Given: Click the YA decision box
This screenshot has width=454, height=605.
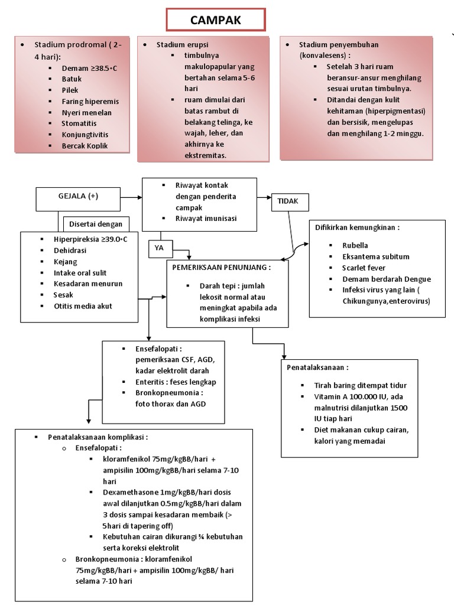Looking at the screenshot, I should click(159, 249).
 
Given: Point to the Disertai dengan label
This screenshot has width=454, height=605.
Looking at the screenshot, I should click(96, 224).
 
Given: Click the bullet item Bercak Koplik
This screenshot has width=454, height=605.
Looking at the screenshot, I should click(85, 146).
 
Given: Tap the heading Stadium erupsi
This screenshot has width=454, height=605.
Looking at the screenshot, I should click(182, 45).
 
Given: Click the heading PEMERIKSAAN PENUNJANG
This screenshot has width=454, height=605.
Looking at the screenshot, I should click(221, 267).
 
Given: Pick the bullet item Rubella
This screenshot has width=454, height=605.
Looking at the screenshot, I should click(355, 245).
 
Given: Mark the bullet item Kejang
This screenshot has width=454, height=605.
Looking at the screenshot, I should click(65, 261).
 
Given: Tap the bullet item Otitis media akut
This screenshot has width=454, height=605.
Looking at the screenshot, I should click(83, 306).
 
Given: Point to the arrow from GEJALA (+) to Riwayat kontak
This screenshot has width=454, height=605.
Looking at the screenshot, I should click(131, 196).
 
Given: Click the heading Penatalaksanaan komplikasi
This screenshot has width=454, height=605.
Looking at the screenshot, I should click(98, 437).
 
